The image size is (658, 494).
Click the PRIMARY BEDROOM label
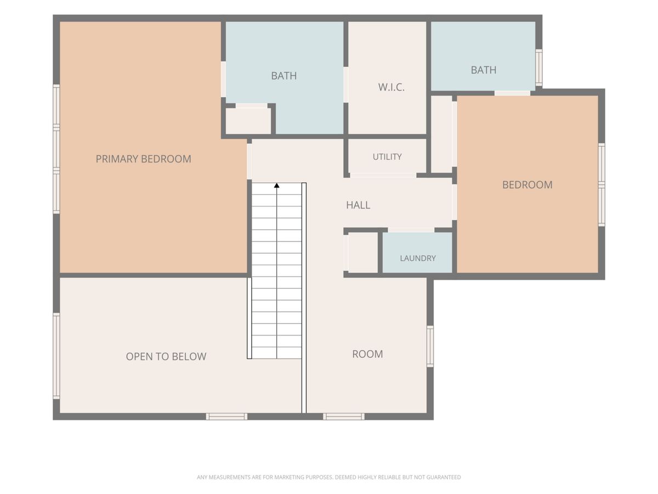coord(143,159)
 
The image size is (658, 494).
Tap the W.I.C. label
coord(391,87)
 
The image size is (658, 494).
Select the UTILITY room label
coord(387,156)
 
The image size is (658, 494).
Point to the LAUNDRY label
coord(418,258)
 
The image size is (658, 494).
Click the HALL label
coord(358,205)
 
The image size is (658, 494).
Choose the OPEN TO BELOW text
coord(166,356)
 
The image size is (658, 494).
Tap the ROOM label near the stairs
coord(367,354)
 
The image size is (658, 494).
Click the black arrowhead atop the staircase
coord(277,186)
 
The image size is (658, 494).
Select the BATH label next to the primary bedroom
coord(284,76)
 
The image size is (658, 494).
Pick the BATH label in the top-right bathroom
coord(484,70)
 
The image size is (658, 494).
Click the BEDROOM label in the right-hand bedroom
coord(527,185)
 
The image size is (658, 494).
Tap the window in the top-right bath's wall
coord(538,68)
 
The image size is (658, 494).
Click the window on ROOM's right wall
coord(430,346)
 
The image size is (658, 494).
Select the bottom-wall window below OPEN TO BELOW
coord(226,416)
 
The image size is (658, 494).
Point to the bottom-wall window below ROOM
coord(344,416)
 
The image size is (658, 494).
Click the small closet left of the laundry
coord(363,252)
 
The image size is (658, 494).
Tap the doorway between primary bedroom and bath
coord(223,79)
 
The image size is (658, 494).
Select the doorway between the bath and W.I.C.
coord(345,85)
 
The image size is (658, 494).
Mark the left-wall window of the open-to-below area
coord(56,356)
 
